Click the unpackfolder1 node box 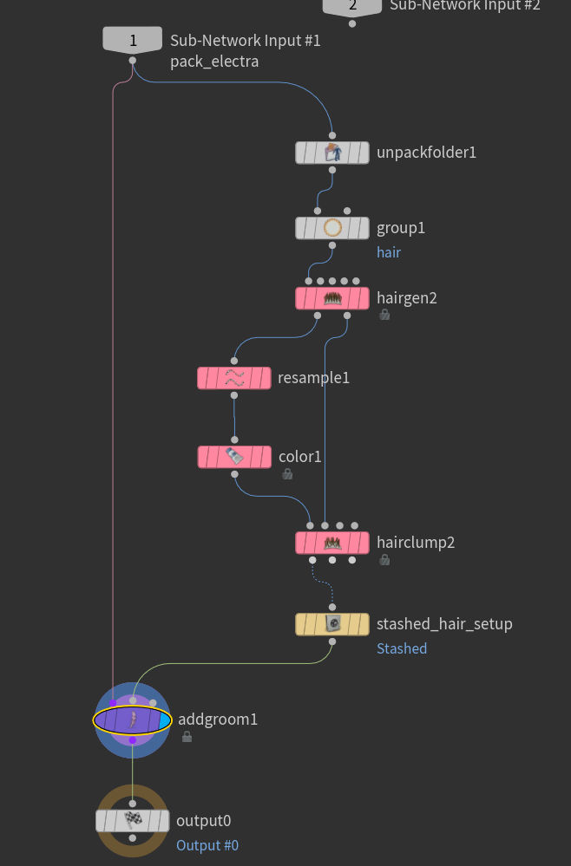[x=331, y=153]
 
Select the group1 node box [x=331, y=228]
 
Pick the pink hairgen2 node [x=331, y=298]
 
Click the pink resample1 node [x=233, y=378]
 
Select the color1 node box [x=233, y=457]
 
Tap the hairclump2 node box [x=331, y=543]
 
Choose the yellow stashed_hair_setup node [x=331, y=624]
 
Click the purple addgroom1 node [x=132, y=719]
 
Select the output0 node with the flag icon [x=132, y=821]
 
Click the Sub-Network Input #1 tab [x=132, y=40]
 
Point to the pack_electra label [x=214, y=62]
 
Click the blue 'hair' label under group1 [x=388, y=252]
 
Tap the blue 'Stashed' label [x=401, y=648]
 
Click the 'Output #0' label [x=207, y=845]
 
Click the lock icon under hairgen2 [x=384, y=316]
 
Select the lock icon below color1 [x=286, y=474]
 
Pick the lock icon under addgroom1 [x=187, y=737]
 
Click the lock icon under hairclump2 [x=384, y=560]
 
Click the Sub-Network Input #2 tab [x=351, y=6]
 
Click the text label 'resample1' [x=313, y=378]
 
